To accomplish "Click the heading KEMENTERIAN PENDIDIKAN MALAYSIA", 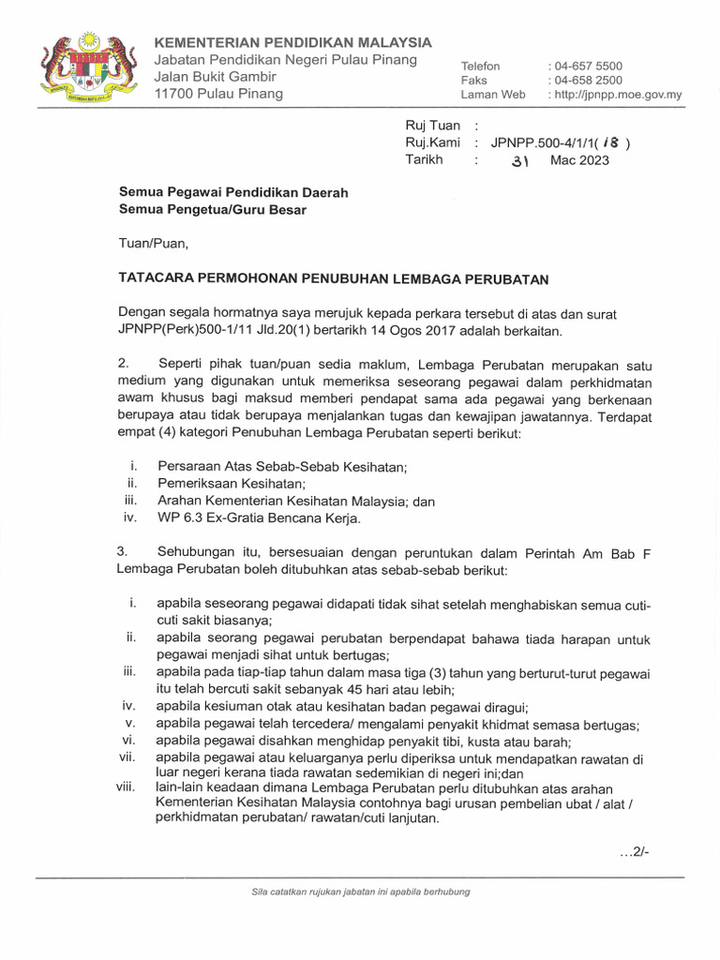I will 292,42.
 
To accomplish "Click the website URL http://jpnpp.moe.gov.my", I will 619,95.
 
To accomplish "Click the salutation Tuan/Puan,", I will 154,244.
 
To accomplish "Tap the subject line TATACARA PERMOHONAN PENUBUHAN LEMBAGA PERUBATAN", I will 333,278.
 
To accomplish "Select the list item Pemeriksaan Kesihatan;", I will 232,484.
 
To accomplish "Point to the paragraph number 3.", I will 123,552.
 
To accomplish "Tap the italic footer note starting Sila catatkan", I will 354,892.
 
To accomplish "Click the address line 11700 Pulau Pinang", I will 217,94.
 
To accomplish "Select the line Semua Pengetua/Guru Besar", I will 212,210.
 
